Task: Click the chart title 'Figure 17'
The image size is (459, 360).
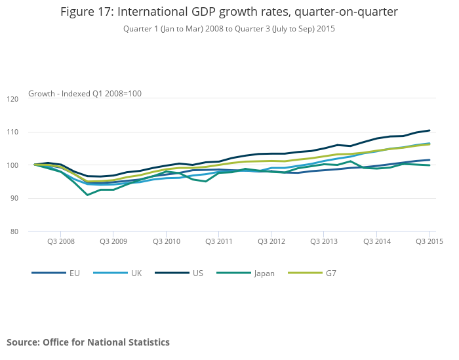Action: click(x=229, y=12)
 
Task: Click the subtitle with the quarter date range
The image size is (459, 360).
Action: click(x=229, y=29)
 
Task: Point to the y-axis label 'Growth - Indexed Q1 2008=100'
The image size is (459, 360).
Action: click(x=85, y=94)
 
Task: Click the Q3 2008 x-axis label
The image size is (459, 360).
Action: click(x=60, y=241)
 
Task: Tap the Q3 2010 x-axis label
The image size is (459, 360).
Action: click(x=166, y=241)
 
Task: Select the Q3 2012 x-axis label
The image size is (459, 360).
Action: click(x=271, y=241)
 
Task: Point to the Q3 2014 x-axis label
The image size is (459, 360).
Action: click(x=376, y=241)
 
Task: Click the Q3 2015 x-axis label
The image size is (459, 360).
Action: click(x=429, y=241)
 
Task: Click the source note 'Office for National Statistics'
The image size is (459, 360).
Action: click(x=88, y=342)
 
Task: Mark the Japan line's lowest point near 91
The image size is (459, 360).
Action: click(x=87, y=195)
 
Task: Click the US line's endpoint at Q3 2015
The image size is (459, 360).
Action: click(x=429, y=130)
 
